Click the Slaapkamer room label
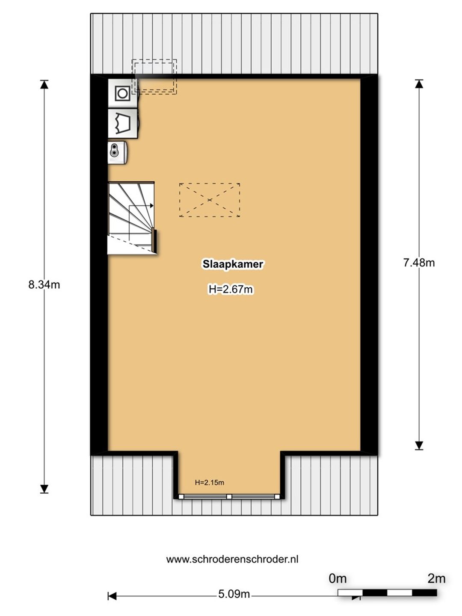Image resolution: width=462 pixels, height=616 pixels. pos(233,264)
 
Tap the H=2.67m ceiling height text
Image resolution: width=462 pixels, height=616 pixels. pos(231,289)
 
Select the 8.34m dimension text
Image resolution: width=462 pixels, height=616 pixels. pos(44,285)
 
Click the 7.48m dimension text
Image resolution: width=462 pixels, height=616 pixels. pos(419,263)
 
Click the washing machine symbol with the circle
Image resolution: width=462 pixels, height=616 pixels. pos(123,93)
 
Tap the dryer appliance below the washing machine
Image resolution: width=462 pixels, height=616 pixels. pos(123,124)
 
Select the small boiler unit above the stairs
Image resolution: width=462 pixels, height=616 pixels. pos(117,153)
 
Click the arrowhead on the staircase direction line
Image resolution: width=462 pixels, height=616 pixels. pos(152,206)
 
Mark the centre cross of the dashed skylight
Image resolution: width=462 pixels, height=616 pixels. pos(210,200)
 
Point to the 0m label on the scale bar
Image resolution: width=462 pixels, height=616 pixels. pos(338,578)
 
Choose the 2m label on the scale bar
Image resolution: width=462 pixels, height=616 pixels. pos(436,578)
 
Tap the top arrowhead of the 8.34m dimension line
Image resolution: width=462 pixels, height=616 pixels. pos(44,85)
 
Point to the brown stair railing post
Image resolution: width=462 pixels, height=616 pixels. pos(154,240)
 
